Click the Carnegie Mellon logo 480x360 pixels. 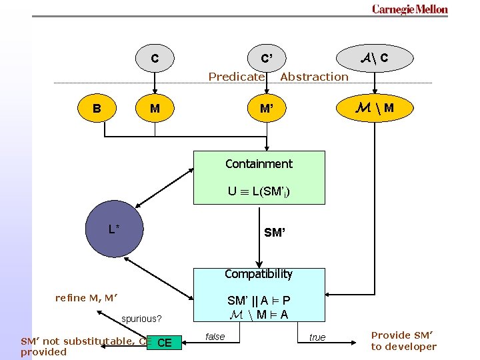coord(409,9)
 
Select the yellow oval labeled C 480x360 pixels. coord(155,59)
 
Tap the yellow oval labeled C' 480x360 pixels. coord(267,59)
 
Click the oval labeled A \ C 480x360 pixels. coord(375,58)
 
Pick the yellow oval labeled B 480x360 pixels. coord(97,107)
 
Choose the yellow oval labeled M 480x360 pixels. coord(155,107)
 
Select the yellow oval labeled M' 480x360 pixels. coord(267,107)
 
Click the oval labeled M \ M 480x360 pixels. coord(375,107)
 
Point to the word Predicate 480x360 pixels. coord(236,77)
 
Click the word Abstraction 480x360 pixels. coord(314,77)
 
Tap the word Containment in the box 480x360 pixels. coord(259,164)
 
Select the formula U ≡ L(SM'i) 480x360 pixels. coord(259,192)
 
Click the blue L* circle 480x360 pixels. coord(115,230)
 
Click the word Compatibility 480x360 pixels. coord(259,274)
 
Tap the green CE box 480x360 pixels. coord(163,343)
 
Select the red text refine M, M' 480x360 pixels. coord(87,298)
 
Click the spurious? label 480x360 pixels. coord(141,319)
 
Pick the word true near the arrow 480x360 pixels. coord(317,337)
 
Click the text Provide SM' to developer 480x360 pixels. coord(403,341)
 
